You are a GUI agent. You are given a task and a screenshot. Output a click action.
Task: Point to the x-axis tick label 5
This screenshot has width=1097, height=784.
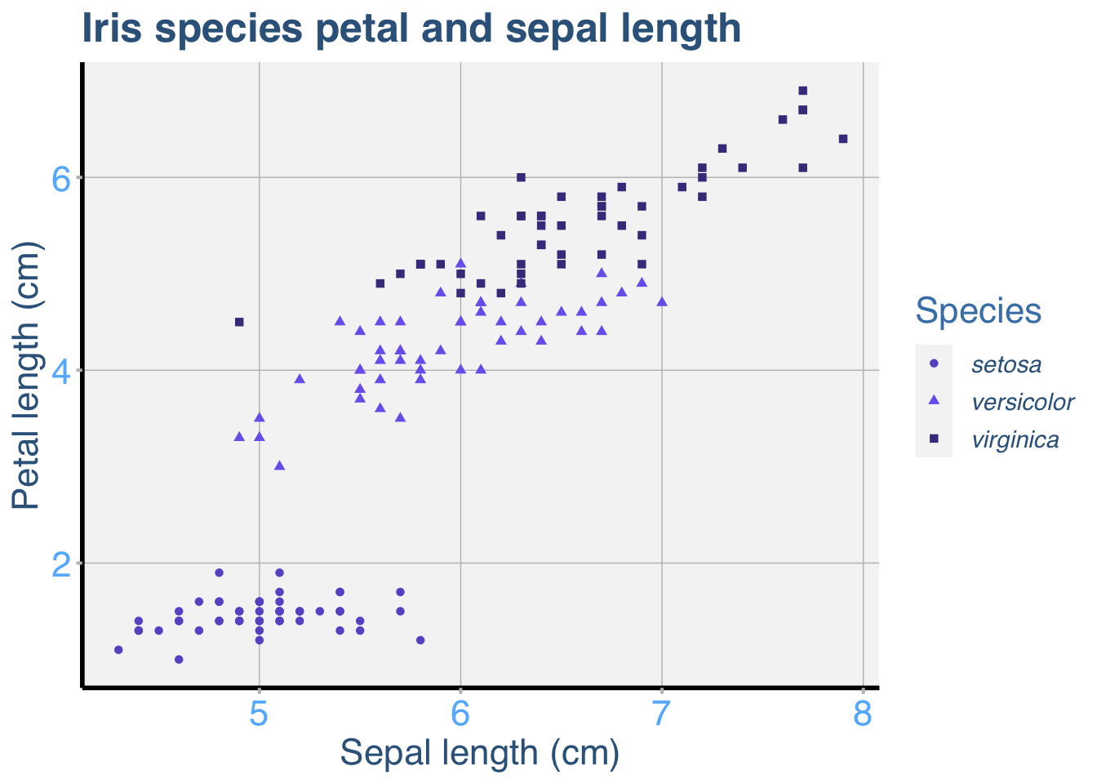click(x=260, y=714)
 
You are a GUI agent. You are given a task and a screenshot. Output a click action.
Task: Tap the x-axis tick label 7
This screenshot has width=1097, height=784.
click(x=662, y=714)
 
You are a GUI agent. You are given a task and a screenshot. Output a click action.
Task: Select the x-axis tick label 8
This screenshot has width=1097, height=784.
click(x=863, y=714)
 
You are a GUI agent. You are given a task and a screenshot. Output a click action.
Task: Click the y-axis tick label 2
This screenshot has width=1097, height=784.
click(x=62, y=563)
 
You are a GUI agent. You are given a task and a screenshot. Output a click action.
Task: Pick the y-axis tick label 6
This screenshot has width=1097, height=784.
click(x=62, y=178)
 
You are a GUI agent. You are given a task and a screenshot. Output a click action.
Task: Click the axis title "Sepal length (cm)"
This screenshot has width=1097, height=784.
click(x=480, y=753)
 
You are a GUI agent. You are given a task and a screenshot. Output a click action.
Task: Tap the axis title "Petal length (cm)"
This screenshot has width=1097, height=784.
click(x=26, y=376)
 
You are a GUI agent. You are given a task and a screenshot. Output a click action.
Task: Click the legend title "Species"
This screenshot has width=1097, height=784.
click(x=978, y=310)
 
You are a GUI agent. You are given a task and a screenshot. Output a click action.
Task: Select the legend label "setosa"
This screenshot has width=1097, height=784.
click(x=1006, y=364)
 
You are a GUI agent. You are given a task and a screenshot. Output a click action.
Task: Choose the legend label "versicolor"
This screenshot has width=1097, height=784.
click(x=1023, y=402)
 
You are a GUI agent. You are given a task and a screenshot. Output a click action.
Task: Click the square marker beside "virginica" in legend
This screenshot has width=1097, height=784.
click(x=935, y=439)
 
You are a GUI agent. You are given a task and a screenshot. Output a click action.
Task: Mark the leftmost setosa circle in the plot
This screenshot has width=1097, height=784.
click(x=118, y=650)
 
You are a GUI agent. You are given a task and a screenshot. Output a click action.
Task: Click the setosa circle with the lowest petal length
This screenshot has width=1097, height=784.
click(x=179, y=659)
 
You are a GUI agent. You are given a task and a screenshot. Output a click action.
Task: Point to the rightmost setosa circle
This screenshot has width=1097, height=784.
click(x=420, y=640)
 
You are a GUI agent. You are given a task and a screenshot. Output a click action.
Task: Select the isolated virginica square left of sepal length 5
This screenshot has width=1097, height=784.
click(x=239, y=322)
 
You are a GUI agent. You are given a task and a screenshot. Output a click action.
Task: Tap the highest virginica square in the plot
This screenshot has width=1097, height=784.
click(x=802, y=91)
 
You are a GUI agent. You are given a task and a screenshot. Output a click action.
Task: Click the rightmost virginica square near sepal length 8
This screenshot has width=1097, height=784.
click(x=843, y=139)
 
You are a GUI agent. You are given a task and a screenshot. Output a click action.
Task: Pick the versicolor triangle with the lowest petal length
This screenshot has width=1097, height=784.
click(x=279, y=465)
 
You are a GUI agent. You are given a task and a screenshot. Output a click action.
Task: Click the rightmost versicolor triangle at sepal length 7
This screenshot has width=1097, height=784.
click(x=662, y=301)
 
